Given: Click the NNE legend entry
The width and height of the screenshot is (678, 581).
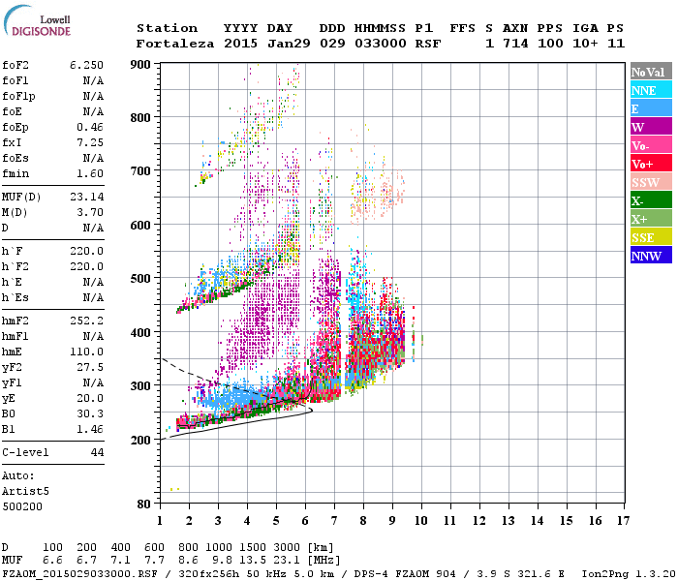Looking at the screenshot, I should tap(649, 90).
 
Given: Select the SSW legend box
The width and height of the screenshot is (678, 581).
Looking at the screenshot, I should tap(649, 182).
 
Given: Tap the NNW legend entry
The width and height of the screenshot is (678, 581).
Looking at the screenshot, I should tap(649, 256).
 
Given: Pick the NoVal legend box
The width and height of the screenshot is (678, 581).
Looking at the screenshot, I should tap(649, 72).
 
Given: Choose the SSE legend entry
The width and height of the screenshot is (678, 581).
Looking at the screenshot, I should tap(649, 237).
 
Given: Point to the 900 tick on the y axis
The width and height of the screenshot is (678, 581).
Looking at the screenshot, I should tap(141, 64).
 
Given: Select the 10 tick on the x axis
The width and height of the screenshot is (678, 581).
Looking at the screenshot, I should tap(421, 521).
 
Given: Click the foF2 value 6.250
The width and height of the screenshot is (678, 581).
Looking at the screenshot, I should tap(86, 65).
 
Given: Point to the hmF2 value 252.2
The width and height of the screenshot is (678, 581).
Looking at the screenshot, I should tap(86, 346).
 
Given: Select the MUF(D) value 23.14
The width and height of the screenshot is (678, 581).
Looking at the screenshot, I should tap(86, 197).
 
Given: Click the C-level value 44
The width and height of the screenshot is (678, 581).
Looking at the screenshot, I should tap(97, 452).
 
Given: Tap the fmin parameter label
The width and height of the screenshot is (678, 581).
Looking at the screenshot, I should tap(15, 173).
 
